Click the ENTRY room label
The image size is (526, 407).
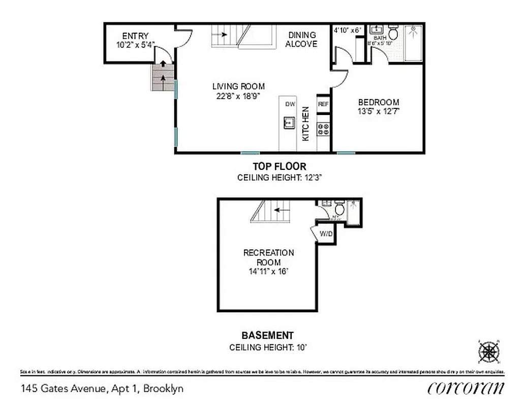[135, 36]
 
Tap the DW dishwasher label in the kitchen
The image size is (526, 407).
[290, 104]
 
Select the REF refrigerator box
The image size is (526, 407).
[323, 104]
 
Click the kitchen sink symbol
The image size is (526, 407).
[289, 123]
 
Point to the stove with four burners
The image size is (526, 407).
[323, 129]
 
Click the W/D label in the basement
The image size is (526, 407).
[326, 234]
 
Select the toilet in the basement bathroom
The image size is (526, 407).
[340, 208]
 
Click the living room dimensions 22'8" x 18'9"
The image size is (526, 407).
[238, 96]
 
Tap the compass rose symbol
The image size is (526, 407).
[488, 351]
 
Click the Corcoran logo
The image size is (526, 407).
[466, 388]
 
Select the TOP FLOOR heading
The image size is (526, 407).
[280, 166]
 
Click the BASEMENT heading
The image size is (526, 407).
[267, 335]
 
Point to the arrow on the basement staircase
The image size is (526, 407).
[282, 209]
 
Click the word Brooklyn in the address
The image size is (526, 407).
[163, 389]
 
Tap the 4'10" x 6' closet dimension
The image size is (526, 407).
[347, 30]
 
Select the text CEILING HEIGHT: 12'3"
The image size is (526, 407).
[280, 178]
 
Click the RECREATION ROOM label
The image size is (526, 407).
[268, 257]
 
